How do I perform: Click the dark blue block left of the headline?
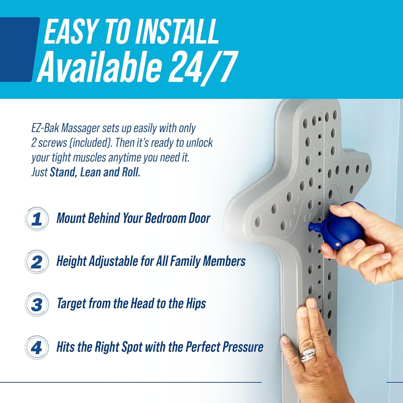coord(17,50)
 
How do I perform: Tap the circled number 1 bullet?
coord(37,219)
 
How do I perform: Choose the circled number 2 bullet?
coord(37,262)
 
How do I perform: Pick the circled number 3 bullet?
coord(37,304)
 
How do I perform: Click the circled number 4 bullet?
coord(37,347)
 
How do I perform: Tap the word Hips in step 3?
coord(196,304)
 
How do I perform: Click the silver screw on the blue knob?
coord(337,244)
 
